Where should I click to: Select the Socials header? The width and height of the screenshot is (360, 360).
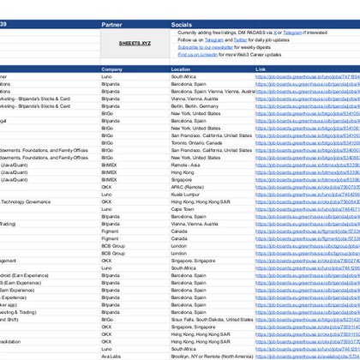point(183,25)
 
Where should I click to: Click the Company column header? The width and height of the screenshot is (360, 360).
point(112,69)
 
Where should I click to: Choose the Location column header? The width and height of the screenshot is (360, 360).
point(181,69)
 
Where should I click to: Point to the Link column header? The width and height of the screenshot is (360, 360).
point(261,69)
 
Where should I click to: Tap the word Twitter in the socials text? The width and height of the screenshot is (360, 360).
point(239,39)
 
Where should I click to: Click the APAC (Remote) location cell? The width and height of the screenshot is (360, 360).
point(188,187)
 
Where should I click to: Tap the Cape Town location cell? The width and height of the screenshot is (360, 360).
point(183,208)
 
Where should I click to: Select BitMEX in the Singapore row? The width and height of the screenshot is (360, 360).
point(109,179)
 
